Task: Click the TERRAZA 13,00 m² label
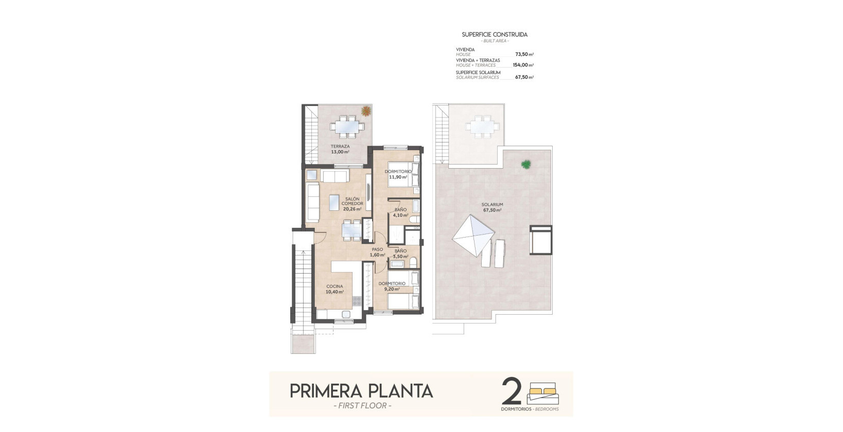pos(340,149)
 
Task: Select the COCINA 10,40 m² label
pos(335,289)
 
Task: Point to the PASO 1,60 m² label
pos(377,252)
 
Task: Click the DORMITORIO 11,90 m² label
pos(398,174)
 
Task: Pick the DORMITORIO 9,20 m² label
pos(392,286)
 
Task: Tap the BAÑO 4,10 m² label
pos(400,212)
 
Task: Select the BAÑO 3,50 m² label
pos(400,254)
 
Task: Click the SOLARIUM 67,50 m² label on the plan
pos(493,207)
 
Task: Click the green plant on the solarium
pos(525,165)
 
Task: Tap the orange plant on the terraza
pos(366,111)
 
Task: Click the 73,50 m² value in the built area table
pos(524,54)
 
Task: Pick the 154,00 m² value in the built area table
pos(523,65)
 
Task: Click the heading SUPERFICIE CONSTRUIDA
pos(495,34)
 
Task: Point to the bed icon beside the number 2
pos(542,393)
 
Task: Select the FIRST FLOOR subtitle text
pos(362,406)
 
